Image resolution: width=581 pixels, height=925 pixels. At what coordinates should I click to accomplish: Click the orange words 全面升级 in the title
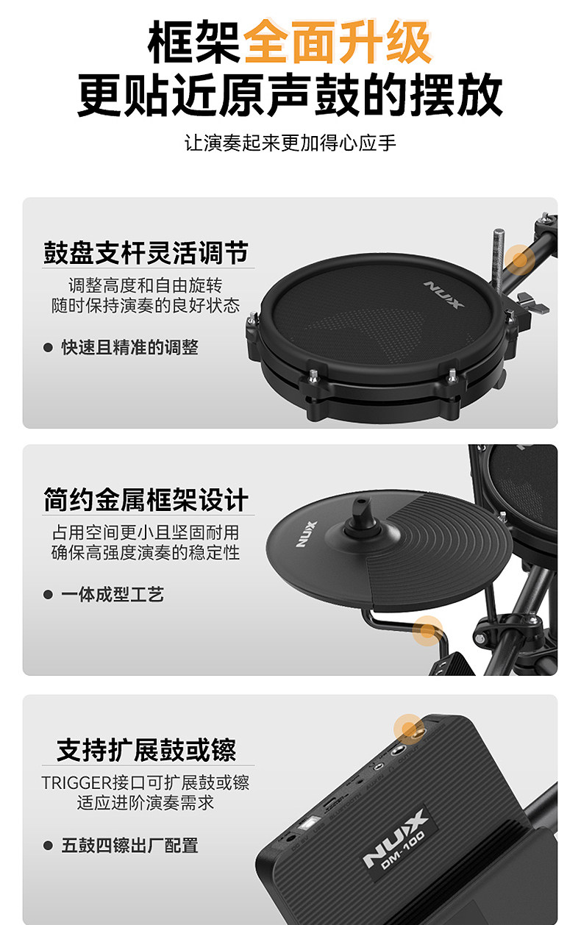click(x=338, y=42)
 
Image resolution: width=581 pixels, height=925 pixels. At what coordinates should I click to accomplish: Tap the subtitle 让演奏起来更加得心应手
click(x=290, y=143)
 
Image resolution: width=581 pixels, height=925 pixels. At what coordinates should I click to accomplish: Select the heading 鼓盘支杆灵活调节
click(x=146, y=253)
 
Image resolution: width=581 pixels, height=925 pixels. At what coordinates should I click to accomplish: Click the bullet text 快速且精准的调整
click(x=129, y=347)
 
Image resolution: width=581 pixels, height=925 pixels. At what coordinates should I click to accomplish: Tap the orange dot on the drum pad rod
click(x=519, y=260)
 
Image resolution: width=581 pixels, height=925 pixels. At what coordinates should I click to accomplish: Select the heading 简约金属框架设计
click(x=146, y=500)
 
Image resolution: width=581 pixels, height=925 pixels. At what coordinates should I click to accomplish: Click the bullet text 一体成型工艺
click(x=113, y=595)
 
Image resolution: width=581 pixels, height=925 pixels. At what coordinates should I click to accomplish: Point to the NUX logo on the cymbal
click(x=306, y=535)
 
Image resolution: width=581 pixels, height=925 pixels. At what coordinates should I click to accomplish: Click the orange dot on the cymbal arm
click(x=427, y=631)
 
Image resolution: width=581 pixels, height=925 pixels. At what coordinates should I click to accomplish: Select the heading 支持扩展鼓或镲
click(x=146, y=750)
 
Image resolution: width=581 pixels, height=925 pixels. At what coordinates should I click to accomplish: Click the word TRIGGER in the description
click(x=76, y=783)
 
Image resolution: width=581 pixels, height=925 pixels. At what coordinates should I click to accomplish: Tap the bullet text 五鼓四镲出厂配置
click(x=129, y=846)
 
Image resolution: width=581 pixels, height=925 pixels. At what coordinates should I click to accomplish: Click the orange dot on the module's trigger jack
click(x=408, y=729)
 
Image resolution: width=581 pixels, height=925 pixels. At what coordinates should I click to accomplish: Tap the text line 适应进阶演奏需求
click(x=146, y=803)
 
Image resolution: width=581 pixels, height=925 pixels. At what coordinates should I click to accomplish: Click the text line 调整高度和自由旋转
click(x=146, y=285)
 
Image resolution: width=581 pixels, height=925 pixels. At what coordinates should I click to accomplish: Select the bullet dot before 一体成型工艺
click(x=48, y=595)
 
